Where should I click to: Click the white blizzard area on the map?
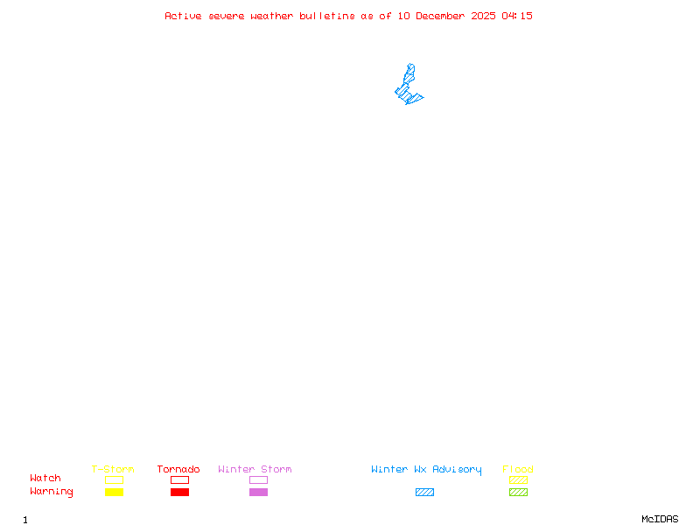(x=410, y=58)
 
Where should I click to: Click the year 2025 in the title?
(x=485, y=16)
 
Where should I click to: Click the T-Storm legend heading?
(x=113, y=470)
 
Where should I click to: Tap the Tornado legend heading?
(x=178, y=470)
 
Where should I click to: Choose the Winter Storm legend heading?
(x=255, y=470)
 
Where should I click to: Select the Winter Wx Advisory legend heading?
(x=426, y=470)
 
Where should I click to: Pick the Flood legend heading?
(x=518, y=470)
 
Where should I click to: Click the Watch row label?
(x=45, y=479)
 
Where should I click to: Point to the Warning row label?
(x=52, y=492)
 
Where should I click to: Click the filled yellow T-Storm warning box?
(x=114, y=493)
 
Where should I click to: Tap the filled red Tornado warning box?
(x=179, y=493)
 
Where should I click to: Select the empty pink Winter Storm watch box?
(x=258, y=480)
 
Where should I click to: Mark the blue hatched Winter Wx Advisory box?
(x=424, y=493)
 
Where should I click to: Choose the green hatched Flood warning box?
(x=518, y=493)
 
